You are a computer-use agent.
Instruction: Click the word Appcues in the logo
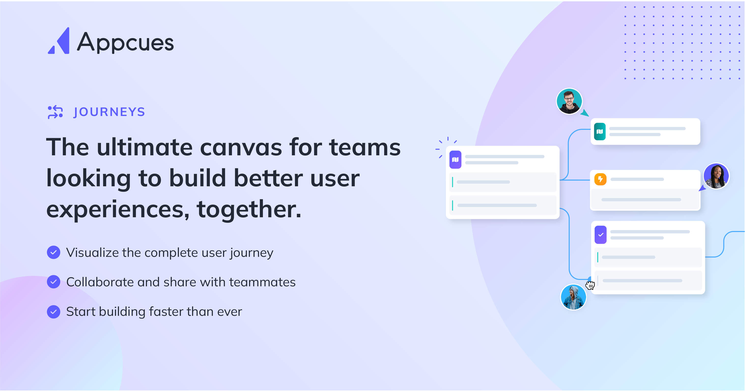pyautogui.click(x=125, y=42)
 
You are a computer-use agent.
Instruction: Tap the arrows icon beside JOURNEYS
pyautogui.click(x=55, y=112)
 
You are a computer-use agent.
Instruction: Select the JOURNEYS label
pyautogui.click(x=109, y=112)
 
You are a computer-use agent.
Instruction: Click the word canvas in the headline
pyautogui.click(x=241, y=147)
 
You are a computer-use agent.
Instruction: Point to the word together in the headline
pyautogui.click(x=249, y=209)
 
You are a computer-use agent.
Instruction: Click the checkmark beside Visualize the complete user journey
pyautogui.click(x=54, y=252)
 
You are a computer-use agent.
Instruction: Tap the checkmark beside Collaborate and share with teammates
pyautogui.click(x=54, y=282)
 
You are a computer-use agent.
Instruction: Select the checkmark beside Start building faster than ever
pyautogui.click(x=54, y=312)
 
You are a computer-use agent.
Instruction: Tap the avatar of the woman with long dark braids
pyautogui.click(x=716, y=176)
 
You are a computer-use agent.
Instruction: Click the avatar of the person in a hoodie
pyautogui.click(x=573, y=297)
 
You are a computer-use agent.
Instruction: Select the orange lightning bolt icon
pyautogui.click(x=600, y=179)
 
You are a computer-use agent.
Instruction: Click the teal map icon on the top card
pyautogui.click(x=599, y=131)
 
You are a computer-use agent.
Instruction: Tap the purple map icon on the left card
pyautogui.click(x=455, y=159)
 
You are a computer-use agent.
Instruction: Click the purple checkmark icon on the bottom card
pyautogui.click(x=601, y=235)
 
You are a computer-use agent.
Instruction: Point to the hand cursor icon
pyautogui.click(x=590, y=285)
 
